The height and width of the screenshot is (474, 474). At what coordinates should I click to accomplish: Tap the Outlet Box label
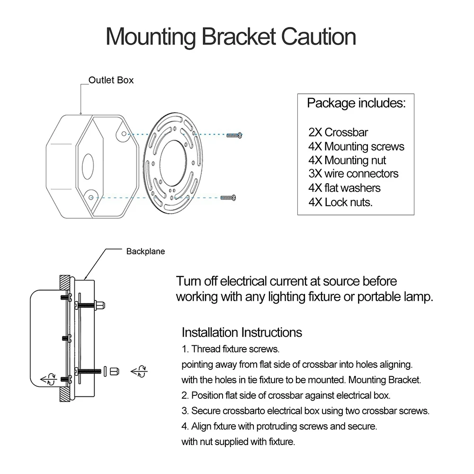tap(111, 80)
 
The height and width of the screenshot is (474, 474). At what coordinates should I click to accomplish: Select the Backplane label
tap(145, 251)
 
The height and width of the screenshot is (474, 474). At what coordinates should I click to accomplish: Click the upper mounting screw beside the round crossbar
tap(234, 135)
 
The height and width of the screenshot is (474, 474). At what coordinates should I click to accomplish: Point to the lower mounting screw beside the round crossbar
tap(228, 197)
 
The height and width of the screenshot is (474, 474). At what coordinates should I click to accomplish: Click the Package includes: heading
tap(356, 103)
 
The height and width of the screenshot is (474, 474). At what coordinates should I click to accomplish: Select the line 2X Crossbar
tap(338, 133)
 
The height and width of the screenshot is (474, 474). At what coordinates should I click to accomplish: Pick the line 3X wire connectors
tap(353, 174)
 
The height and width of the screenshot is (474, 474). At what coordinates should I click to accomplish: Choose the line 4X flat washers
tap(344, 188)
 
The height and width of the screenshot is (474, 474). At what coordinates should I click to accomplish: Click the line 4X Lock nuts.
tap(340, 202)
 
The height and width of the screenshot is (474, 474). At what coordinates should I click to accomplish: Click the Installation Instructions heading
tap(241, 332)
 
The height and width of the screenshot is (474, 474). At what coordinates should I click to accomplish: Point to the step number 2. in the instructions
tap(185, 395)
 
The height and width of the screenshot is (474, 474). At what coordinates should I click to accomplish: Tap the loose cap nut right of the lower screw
tap(114, 370)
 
